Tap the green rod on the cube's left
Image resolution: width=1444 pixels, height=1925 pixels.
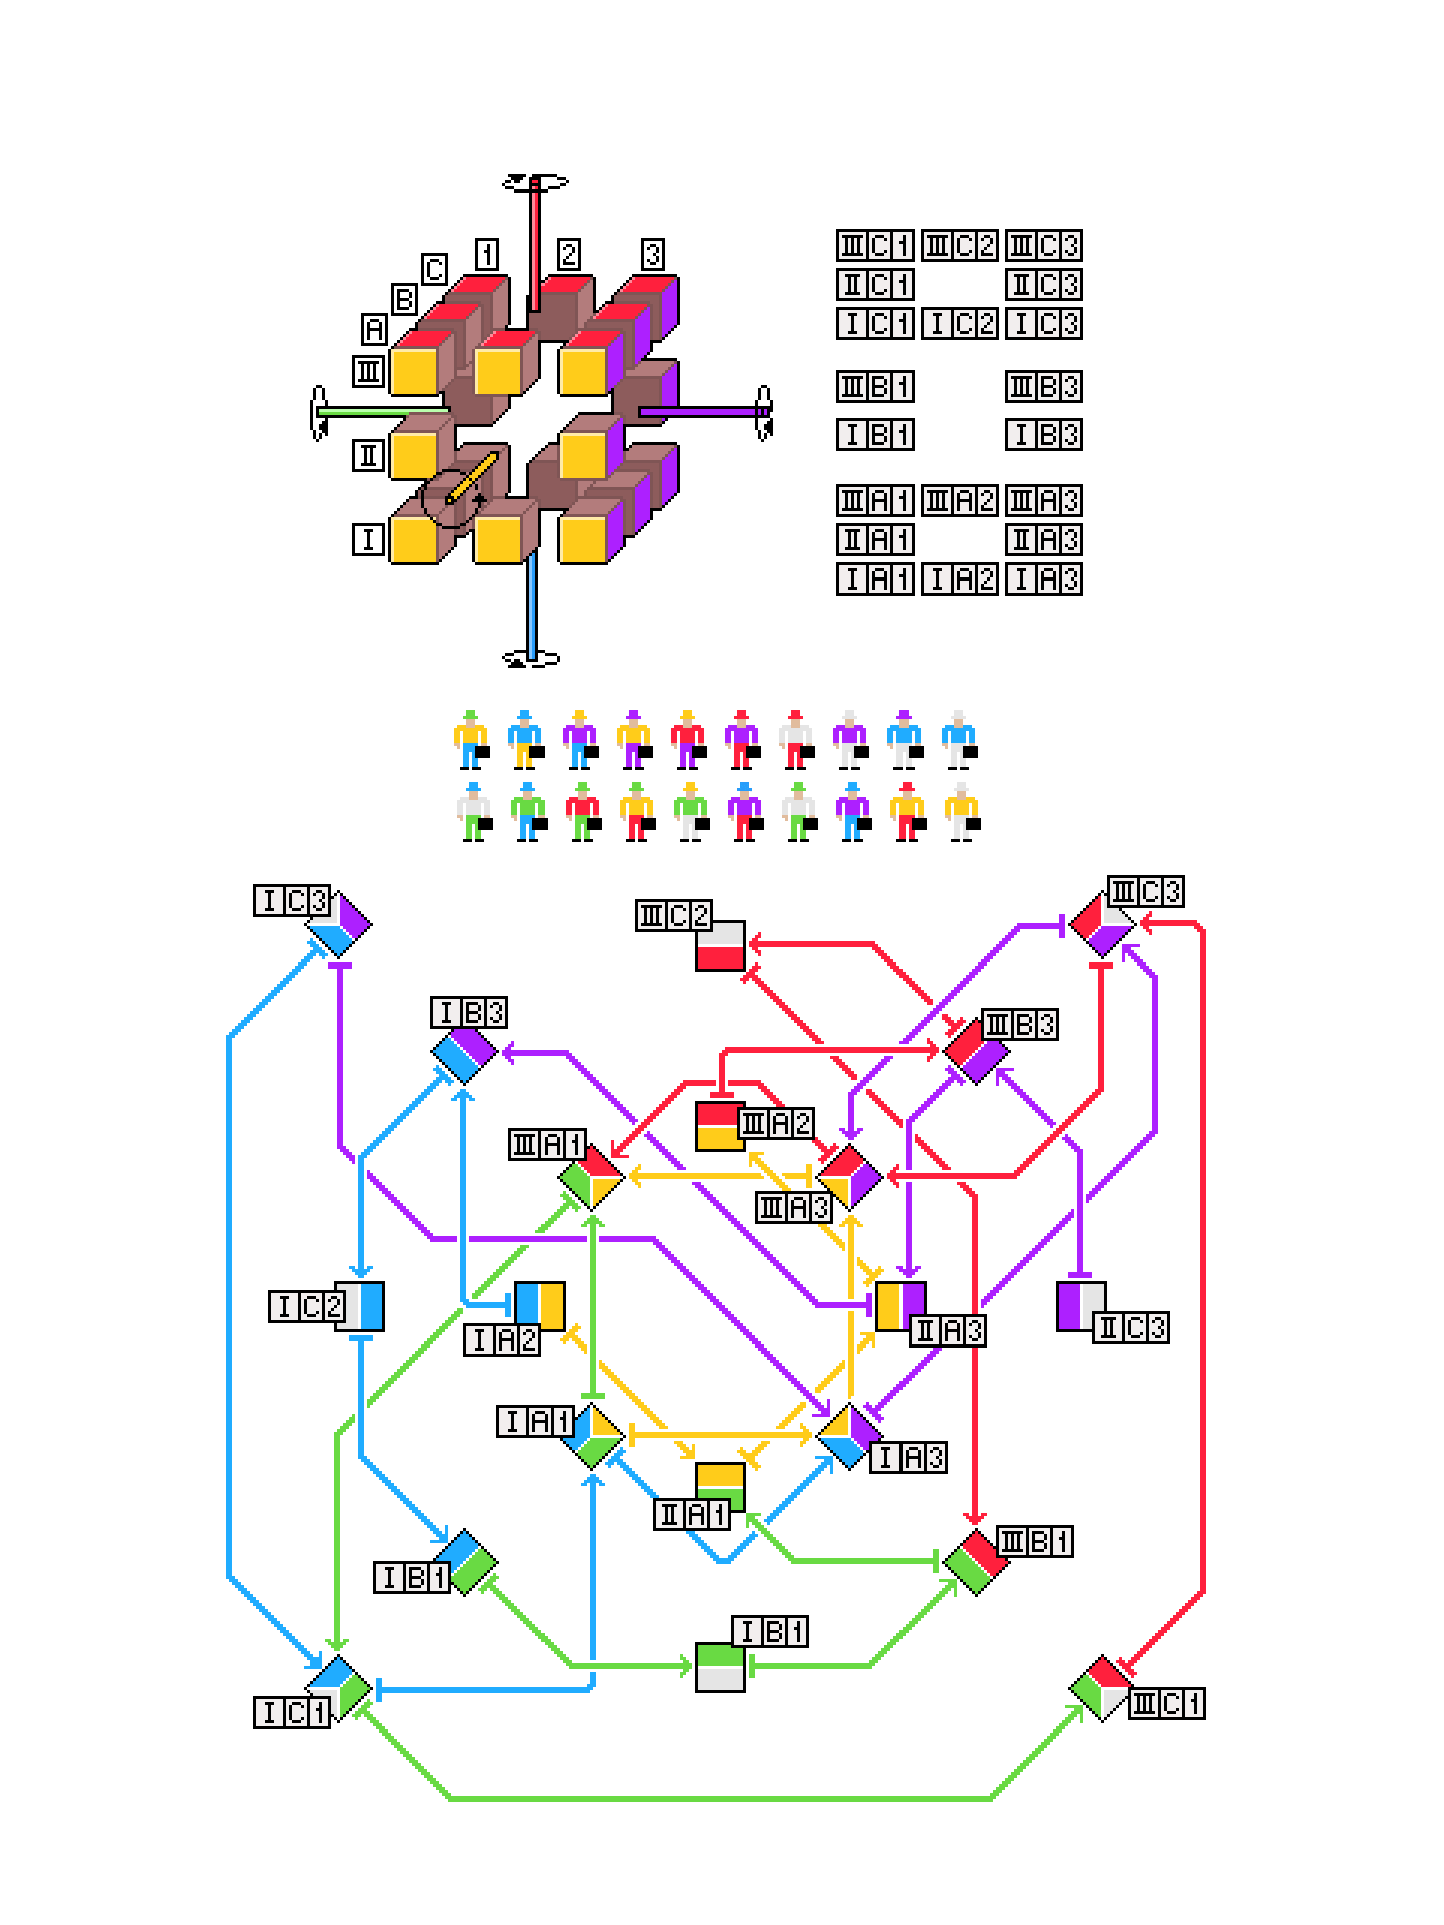383,411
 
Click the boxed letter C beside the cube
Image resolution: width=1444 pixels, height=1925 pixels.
434,269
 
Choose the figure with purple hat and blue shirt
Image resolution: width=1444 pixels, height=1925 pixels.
904,740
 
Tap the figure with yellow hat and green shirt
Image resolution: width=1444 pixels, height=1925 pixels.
690,812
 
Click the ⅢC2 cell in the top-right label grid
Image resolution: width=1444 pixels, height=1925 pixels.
959,245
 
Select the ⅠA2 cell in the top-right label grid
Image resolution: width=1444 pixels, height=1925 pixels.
959,579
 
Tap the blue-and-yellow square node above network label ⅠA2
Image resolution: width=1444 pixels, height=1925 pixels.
540,1305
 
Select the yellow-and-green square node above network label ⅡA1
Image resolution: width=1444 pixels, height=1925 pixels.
720,1486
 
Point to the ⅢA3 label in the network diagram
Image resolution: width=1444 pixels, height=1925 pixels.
794,1207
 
